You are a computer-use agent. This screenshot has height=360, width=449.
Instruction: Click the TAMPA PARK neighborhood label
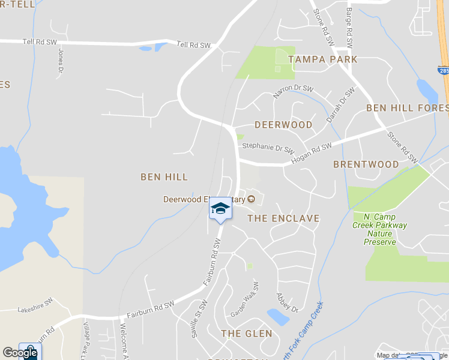[322, 59]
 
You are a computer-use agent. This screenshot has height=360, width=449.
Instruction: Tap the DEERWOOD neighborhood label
[283, 125]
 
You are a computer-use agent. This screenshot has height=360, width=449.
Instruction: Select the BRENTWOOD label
[366, 164]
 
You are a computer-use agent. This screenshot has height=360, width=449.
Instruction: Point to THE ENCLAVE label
[283, 218]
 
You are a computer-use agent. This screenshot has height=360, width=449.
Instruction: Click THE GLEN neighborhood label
[246, 333]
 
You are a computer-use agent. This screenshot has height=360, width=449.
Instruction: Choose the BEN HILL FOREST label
[407, 108]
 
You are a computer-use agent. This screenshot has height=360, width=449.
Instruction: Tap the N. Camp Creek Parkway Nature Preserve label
[385, 229]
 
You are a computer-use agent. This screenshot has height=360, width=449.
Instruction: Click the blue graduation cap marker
[220, 209]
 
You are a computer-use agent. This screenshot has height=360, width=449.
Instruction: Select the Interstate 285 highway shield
[443, 71]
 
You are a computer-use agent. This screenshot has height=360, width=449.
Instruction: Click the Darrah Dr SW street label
[340, 104]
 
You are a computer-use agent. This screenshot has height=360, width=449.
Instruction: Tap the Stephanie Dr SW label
[268, 148]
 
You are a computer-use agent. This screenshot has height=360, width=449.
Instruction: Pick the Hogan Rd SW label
[311, 154]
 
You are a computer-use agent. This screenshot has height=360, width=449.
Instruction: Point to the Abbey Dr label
[287, 302]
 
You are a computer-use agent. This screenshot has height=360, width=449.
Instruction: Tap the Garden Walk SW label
[244, 299]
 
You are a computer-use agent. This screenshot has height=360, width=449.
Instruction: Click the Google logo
[20, 353]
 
